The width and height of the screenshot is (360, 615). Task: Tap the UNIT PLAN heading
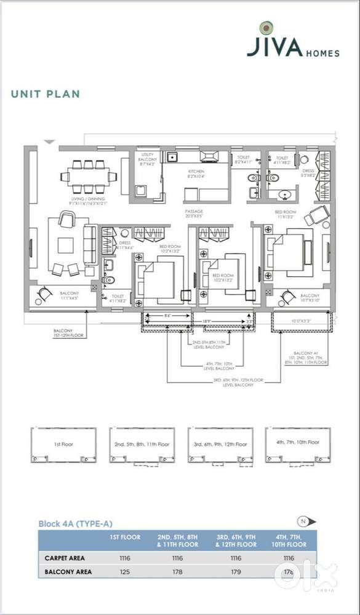click(45, 94)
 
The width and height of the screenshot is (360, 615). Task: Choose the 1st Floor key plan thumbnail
click(63, 444)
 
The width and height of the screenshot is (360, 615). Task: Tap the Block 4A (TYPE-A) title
click(75, 523)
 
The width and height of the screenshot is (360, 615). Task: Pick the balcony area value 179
click(236, 572)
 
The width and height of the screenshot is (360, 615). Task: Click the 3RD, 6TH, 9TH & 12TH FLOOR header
click(236, 541)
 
